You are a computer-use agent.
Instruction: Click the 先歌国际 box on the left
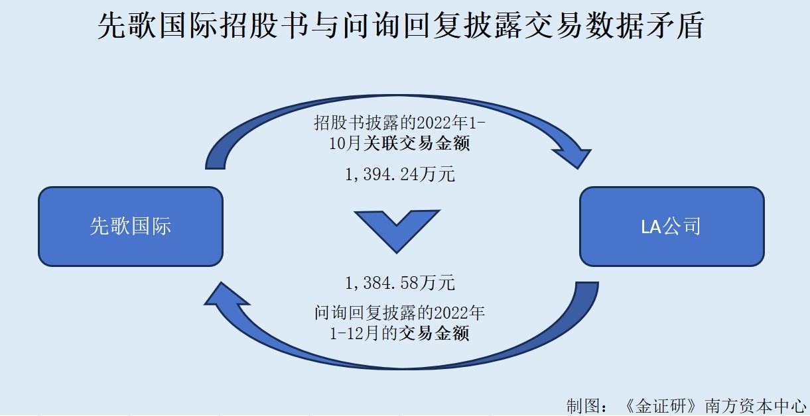(x=131, y=227)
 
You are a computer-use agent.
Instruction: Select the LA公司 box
(x=672, y=227)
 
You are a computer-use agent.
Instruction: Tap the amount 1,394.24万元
(x=399, y=174)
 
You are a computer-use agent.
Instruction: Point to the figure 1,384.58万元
(x=399, y=282)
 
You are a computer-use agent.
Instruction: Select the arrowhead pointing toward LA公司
(x=573, y=157)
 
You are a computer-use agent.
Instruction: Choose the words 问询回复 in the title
(x=401, y=25)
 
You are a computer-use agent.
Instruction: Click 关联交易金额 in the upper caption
(x=417, y=143)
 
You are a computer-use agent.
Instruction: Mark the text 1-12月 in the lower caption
(x=354, y=333)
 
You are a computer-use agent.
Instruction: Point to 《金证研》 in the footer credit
(x=660, y=406)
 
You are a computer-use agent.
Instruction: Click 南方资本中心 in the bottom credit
(x=756, y=406)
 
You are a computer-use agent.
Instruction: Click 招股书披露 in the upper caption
(x=356, y=123)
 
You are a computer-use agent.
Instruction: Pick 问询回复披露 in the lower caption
(x=366, y=313)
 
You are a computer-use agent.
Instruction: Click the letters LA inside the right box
(x=651, y=227)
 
